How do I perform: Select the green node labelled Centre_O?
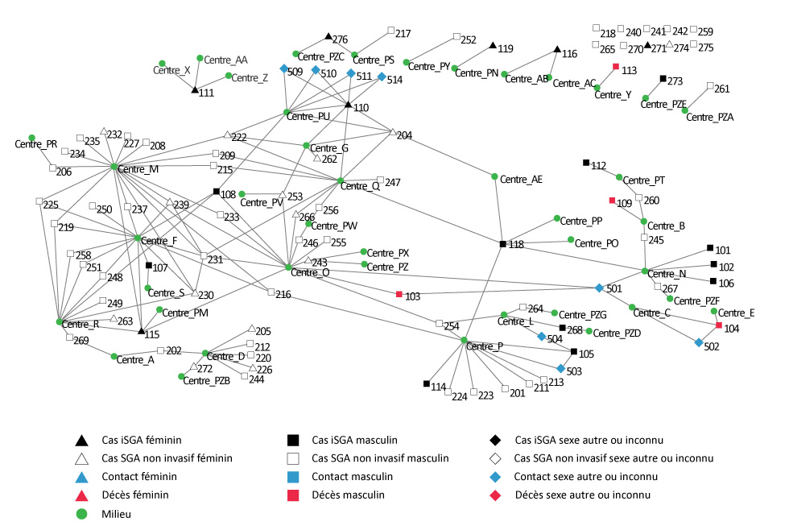pos(288,267)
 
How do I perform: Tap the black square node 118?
pos(502,243)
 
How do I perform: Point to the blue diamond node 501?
pos(599,288)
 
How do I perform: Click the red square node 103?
pos(399,295)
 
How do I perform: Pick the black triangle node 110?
pos(348,105)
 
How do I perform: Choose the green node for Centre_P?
pos(465,340)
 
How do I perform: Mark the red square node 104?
pos(719,325)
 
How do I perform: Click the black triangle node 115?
pos(141,330)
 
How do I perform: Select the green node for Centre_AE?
pos(494,177)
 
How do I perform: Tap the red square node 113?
pos(616,67)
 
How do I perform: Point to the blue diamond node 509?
pos(284,68)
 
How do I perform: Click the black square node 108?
pos(217,191)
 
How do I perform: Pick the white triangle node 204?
pos(392,132)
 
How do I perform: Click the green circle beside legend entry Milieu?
pos(81,512)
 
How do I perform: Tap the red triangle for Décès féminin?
pos(81,494)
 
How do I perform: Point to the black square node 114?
pos(427,383)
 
